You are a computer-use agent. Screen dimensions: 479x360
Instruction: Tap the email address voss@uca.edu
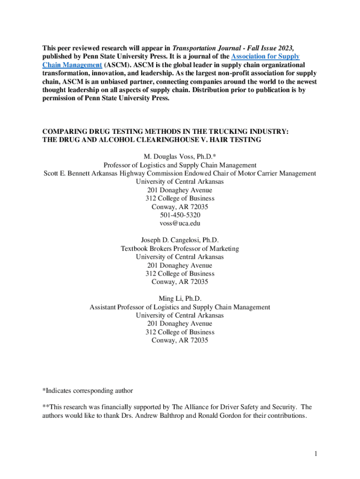tap(180, 223)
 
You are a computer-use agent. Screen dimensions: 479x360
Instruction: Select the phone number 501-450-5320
tap(180, 215)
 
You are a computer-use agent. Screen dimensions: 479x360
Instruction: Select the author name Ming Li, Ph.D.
tap(180, 298)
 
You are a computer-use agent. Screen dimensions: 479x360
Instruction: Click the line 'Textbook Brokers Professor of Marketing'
tap(180, 248)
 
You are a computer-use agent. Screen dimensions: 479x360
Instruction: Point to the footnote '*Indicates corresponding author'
tap(87, 391)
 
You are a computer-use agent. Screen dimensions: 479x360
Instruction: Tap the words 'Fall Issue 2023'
tap(271, 48)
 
